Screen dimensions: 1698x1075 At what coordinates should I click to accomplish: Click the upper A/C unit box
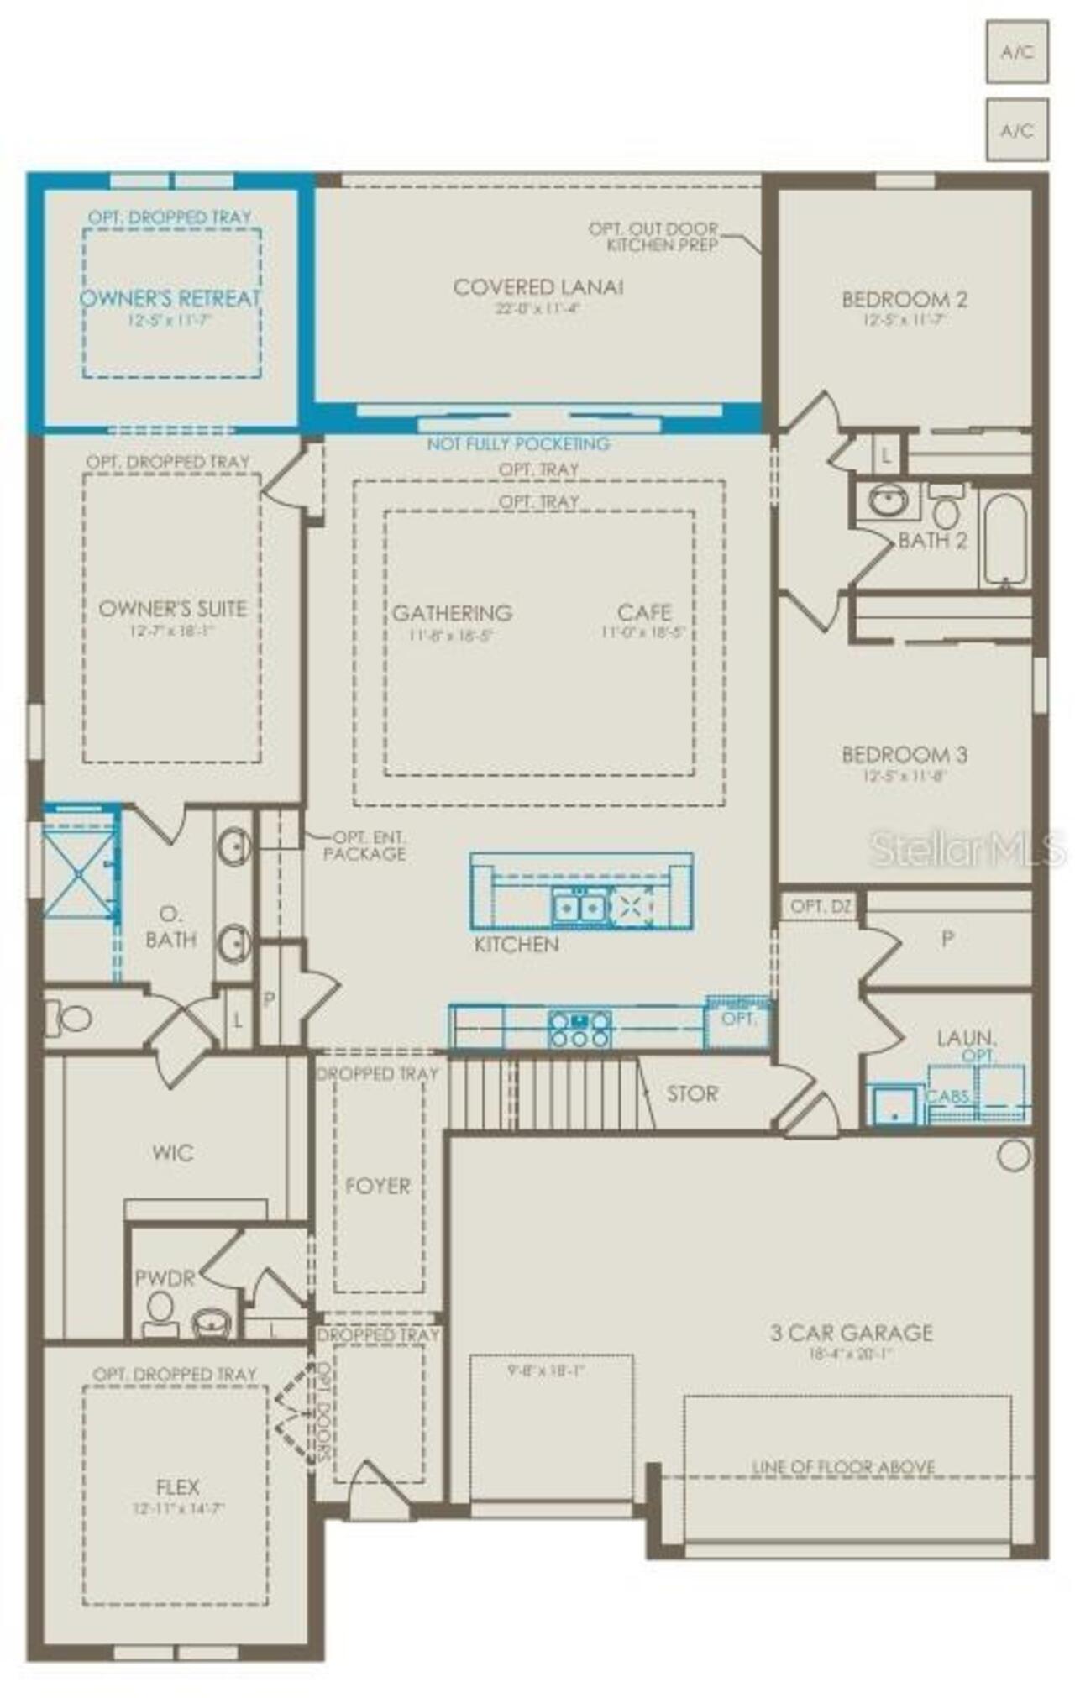click(x=1016, y=52)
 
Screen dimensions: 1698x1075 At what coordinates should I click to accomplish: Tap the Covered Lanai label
click(x=537, y=287)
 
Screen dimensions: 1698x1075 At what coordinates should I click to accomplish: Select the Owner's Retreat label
click(x=170, y=298)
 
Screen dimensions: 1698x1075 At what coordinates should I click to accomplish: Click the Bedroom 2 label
click(x=904, y=299)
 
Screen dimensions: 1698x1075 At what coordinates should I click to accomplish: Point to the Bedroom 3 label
click(x=904, y=753)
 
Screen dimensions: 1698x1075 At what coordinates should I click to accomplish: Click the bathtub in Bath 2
click(x=1004, y=539)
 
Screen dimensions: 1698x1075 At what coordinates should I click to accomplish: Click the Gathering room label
click(x=452, y=613)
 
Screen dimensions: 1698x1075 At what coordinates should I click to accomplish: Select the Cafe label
click(x=644, y=612)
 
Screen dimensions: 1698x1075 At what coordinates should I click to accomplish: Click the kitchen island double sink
click(x=579, y=908)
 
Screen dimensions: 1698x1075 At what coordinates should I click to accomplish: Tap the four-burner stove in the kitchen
click(x=579, y=1030)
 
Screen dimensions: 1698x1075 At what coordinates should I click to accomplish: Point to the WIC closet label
click(x=173, y=1152)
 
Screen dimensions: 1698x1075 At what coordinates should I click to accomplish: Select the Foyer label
click(x=378, y=1186)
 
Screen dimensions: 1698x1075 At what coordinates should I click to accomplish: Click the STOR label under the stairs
click(x=692, y=1093)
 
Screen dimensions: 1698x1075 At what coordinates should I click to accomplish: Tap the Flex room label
click(x=177, y=1486)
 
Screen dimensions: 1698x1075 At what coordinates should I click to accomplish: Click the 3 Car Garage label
click(x=852, y=1332)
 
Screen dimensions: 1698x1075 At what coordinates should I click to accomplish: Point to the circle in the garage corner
click(x=1013, y=1156)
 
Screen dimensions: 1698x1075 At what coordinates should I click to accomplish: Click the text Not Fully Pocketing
click(x=518, y=443)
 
